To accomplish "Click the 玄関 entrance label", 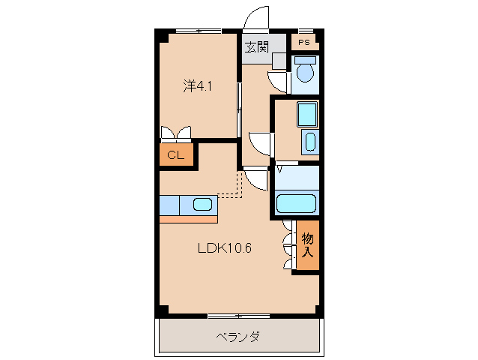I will point(256,46).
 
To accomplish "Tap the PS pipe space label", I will point(303,43).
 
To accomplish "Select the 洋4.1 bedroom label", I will point(199,86).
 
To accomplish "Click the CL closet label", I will point(175,155).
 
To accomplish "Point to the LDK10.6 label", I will point(224,248).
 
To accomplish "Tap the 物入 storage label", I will point(307,245).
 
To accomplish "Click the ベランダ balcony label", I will point(238,337).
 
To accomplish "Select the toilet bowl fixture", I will point(304,73).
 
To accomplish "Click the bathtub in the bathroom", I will point(297,202).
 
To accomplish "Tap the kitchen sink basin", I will point(202,203).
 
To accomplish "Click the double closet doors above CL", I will point(176,133).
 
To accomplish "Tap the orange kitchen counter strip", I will point(188,218).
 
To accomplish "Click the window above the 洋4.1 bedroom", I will point(199,31).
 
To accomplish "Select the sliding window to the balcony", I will point(238,314).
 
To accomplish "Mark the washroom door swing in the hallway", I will point(260,142).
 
